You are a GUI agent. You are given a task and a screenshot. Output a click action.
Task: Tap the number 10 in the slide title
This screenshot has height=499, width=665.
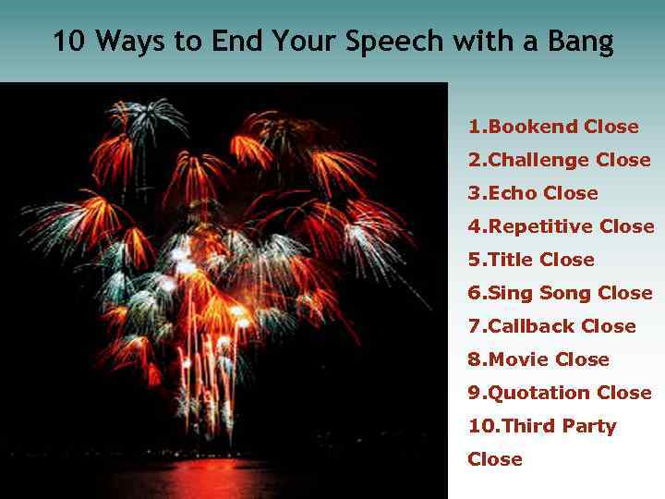[65, 42]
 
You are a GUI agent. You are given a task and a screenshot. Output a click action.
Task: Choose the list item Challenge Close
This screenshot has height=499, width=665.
[559, 160]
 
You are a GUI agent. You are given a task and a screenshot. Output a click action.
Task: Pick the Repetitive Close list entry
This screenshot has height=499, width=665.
[561, 226]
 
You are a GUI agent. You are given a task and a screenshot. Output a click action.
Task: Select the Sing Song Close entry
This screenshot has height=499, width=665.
[560, 293]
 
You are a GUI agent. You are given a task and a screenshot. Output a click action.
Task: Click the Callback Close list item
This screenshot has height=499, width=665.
[551, 326]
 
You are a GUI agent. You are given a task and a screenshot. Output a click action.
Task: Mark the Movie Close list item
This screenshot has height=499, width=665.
[538, 359]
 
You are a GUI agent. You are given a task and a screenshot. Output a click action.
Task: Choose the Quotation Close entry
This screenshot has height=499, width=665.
[560, 393]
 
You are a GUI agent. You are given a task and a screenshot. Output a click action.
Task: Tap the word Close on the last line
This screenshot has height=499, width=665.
[495, 459]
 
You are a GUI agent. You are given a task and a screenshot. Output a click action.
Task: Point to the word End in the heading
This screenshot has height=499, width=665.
[234, 42]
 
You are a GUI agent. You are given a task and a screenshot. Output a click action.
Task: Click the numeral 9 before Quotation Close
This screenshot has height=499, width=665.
[474, 393]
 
